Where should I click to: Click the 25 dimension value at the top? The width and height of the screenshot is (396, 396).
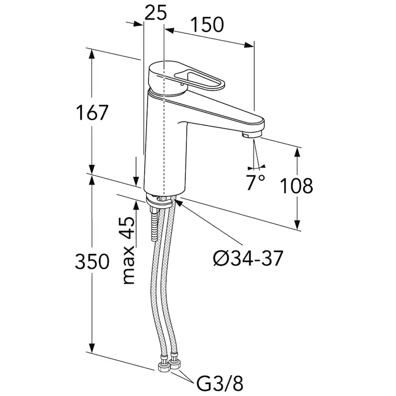point(155,12)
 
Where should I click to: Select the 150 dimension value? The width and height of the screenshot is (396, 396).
point(207,25)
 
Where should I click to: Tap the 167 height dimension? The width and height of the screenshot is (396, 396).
point(92,112)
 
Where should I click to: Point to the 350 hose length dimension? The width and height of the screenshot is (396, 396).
point(92,261)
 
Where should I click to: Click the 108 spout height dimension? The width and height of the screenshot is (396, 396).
point(297,186)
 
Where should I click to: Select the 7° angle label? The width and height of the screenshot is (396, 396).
point(255,182)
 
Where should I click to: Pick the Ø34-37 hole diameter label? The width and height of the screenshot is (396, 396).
point(248,258)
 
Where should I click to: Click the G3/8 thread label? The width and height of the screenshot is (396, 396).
point(220,384)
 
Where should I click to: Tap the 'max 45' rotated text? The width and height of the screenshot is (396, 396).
point(129,250)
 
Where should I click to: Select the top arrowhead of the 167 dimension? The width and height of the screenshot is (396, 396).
point(92,54)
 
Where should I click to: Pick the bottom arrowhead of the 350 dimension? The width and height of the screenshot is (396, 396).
point(92,348)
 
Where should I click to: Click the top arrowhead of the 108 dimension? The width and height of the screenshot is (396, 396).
point(297,153)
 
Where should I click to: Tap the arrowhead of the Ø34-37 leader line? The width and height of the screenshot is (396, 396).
point(178,202)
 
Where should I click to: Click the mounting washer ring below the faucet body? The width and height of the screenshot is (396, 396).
point(159,201)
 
